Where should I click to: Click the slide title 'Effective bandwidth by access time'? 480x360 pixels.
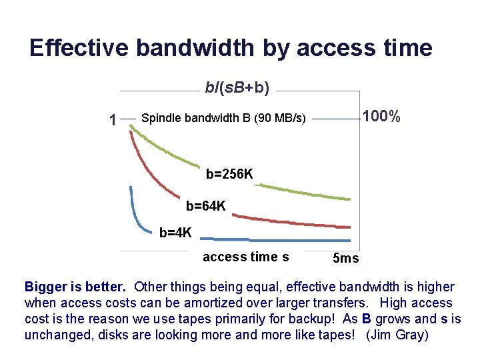click(x=231, y=48)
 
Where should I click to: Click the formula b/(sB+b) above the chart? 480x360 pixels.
click(x=237, y=87)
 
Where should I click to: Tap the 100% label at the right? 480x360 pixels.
click(x=381, y=117)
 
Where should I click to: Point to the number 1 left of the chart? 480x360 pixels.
click(x=113, y=120)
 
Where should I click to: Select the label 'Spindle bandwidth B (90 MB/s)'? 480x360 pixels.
click(x=223, y=119)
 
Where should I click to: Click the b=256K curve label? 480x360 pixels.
click(x=229, y=175)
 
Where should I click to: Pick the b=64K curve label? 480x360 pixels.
click(x=205, y=207)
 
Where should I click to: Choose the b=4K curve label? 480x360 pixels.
click(x=175, y=233)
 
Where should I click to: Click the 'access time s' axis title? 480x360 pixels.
click(x=245, y=257)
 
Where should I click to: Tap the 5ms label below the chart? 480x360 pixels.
click(x=345, y=258)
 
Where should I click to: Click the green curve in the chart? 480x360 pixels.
click(x=300, y=191)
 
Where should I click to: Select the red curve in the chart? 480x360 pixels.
click(x=300, y=222)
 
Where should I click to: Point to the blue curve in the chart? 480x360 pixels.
click(x=300, y=239)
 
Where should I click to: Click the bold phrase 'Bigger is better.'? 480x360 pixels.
click(x=75, y=287)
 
